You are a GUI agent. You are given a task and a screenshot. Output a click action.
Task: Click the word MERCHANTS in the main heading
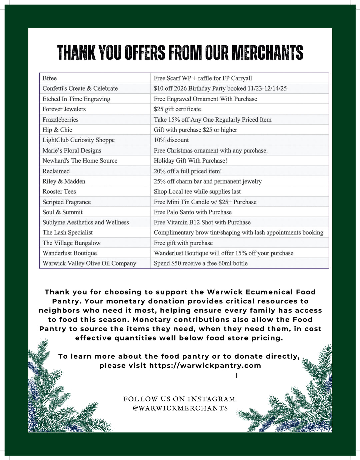[x=267, y=53]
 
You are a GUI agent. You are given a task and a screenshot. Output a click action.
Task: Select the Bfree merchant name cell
[x=49, y=78]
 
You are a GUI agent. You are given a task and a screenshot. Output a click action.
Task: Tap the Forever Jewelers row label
[x=64, y=109]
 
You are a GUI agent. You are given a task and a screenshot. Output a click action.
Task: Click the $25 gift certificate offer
[x=177, y=109]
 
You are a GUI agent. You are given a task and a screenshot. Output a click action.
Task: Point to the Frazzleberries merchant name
[x=60, y=120]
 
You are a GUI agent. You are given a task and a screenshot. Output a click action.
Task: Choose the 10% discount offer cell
[x=171, y=140]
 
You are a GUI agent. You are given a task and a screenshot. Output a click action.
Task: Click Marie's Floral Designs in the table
[x=72, y=150]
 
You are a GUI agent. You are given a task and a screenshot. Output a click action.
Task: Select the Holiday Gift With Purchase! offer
[x=190, y=161]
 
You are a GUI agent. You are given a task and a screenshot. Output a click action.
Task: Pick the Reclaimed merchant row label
[x=56, y=171]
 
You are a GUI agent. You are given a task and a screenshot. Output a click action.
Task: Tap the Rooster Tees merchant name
[x=59, y=192]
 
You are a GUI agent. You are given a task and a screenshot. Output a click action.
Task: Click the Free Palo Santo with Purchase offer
[x=193, y=212]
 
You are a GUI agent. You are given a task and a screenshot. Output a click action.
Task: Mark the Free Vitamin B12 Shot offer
[x=202, y=222]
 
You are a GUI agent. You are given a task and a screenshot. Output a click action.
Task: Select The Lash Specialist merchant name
[x=67, y=232]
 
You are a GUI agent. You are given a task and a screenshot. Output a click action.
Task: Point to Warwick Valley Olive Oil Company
[x=89, y=263]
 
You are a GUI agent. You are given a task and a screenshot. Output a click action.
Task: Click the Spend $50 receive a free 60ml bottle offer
[x=201, y=263]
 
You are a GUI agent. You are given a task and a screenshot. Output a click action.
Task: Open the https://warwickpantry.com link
[x=205, y=365]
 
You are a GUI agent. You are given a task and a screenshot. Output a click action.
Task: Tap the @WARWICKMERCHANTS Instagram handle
[x=180, y=408]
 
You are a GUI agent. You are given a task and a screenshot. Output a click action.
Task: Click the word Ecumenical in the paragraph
[x=269, y=292]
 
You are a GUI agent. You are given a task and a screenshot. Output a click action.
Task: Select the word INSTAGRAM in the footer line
[x=211, y=399]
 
